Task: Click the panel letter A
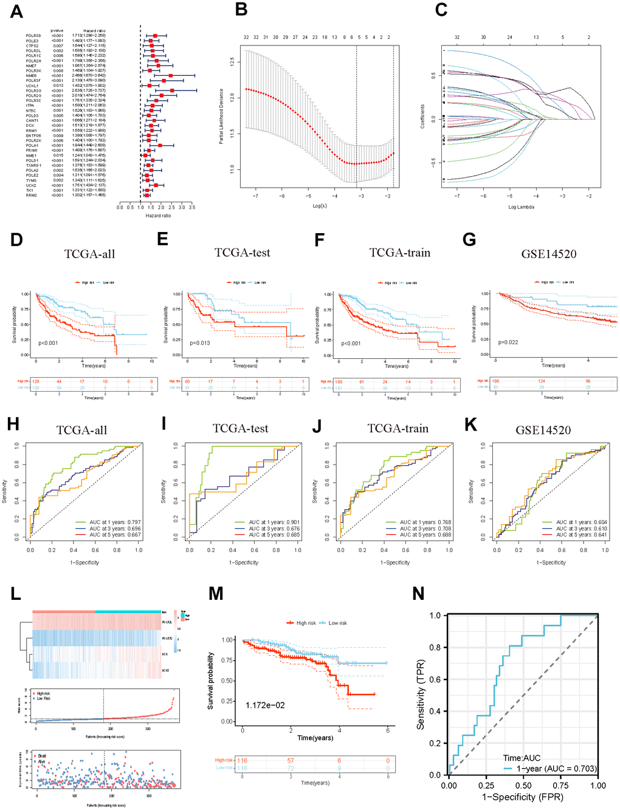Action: point(16,12)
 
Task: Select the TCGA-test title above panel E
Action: point(242,253)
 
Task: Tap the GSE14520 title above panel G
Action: point(548,254)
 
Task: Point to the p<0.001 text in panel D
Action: point(48,343)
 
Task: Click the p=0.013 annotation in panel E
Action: point(199,343)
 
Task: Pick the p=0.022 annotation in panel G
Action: point(508,342)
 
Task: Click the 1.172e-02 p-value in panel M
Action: point(265,705)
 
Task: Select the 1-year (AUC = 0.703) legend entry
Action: point(556,769)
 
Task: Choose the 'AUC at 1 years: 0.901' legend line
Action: point(274,522)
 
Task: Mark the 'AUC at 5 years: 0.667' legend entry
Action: point(115,535)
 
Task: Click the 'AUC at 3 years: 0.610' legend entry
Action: point(581,529)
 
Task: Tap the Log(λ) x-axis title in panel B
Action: point(320,206)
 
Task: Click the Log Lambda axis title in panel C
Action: point(521,207)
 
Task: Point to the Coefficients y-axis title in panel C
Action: point(422,117)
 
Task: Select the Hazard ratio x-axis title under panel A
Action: point(158,216)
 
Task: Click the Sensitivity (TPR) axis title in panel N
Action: point(421,695)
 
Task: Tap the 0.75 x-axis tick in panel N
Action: point(560,785)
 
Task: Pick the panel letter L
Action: point(16,593)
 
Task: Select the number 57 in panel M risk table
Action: point(291,760)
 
